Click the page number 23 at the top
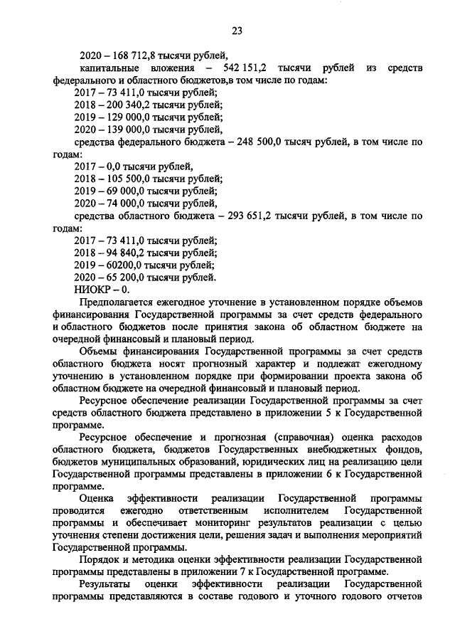(x=237, y=30)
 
